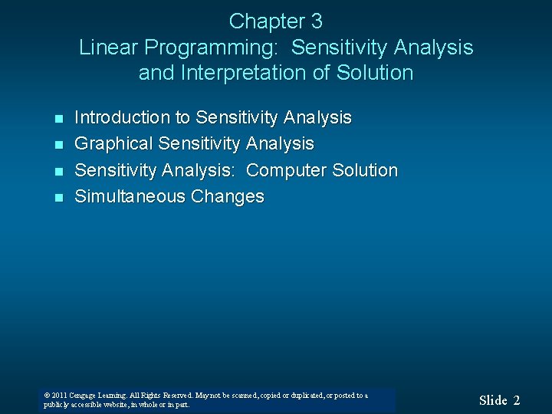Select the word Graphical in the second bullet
(x=113, y=144)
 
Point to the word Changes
(x=228, y=196)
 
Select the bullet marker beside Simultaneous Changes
(x=58, y=198)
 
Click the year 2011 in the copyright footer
(x=60, y=396)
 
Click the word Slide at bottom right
(x=493, y=400)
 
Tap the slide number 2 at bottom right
(x=517, y=400)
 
